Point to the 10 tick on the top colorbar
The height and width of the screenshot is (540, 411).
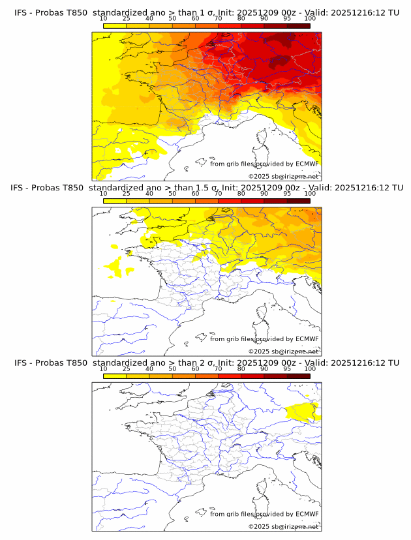pyautogui.click(x=104, y=19)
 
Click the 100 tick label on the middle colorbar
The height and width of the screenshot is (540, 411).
pyautogui.click(x=310, y=194)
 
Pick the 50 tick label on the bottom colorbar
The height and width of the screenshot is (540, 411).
pyautogui.click(x=172, y=368)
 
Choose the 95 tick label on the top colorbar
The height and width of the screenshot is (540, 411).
pyautogui.click(x=287, y=19)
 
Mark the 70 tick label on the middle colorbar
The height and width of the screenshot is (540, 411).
pyautogui.click(x=218, y=194)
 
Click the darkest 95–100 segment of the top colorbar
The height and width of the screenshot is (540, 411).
pyautogui.click(x=298, y=26)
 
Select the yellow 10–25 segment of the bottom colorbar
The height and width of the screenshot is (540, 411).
pyautogui.click(x=115, y=376)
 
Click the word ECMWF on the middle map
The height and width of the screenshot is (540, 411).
pyautogui.click(x=307, y=339)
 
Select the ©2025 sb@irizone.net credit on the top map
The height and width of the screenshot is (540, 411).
pyautogui.click(x=283, y=177)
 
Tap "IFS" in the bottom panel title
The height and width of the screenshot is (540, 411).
pyautogui.click(x=21, y=363)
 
